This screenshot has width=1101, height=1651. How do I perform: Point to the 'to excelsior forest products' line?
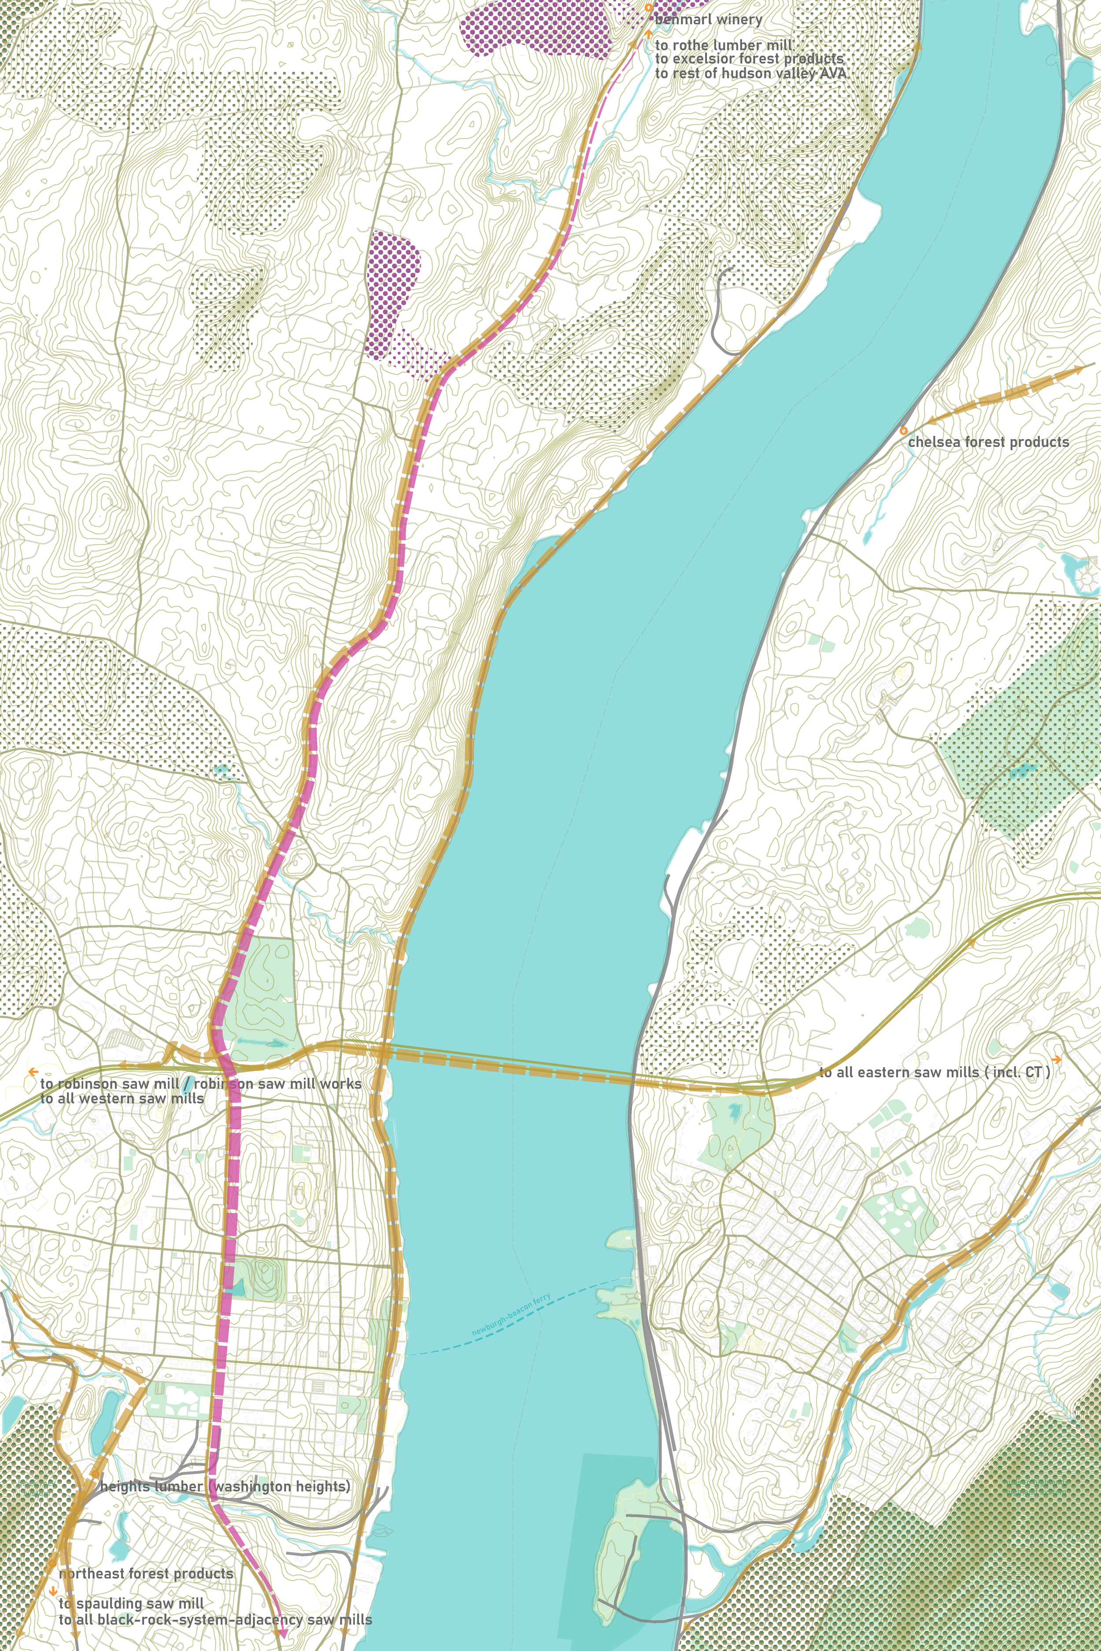[x=749, y=59]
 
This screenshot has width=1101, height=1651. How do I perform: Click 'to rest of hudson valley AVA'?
[x=750, y=73]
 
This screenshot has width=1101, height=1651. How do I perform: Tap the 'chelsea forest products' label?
[x=988, y=442]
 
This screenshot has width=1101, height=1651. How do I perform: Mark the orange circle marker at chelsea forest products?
[x=904, y=430]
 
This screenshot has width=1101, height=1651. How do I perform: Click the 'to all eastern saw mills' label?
[x=934, y=1072]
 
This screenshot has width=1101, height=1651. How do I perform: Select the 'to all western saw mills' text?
[x=122, y=1098]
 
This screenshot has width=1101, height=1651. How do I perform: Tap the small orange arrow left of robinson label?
[x=32, y=1072]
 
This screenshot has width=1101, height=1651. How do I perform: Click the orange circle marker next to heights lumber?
[x=90, y=1487]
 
